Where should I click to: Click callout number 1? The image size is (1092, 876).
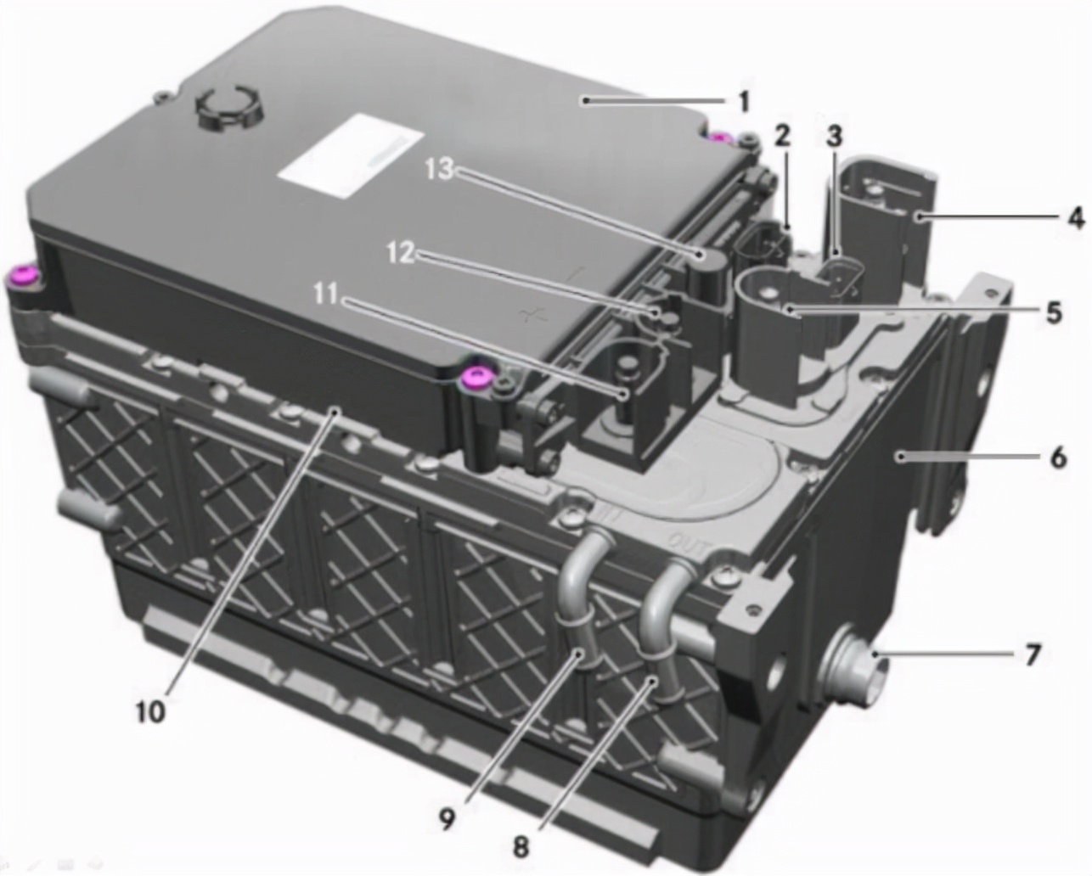click(743, 103)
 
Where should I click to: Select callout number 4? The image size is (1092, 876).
click(1076, 218)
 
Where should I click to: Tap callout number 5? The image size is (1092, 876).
click(1053, 312)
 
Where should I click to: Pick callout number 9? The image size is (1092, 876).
click(447, 817)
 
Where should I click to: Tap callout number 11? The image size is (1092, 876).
click(325, 294)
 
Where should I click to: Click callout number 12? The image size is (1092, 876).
click(402, 253)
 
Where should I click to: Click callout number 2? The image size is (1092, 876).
click(781, 135)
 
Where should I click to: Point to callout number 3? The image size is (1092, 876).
click(835, 135)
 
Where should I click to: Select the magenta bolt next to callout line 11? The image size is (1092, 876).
click(474, 378)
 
